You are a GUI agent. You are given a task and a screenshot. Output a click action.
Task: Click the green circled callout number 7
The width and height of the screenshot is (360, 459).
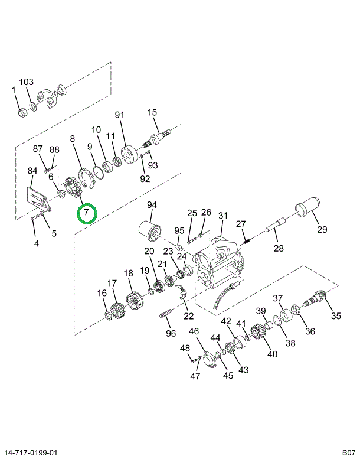87,211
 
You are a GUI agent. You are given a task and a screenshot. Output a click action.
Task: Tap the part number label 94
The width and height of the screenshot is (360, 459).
152,205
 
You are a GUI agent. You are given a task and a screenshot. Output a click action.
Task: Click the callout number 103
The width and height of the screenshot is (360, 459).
27,82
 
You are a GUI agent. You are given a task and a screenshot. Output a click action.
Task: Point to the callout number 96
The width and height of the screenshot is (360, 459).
171,333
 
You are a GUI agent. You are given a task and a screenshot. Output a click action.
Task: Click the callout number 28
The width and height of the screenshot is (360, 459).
279,248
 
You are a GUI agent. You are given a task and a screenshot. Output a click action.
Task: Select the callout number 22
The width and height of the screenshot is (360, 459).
189,316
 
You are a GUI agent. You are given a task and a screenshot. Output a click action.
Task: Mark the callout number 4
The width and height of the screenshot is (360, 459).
36,242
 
